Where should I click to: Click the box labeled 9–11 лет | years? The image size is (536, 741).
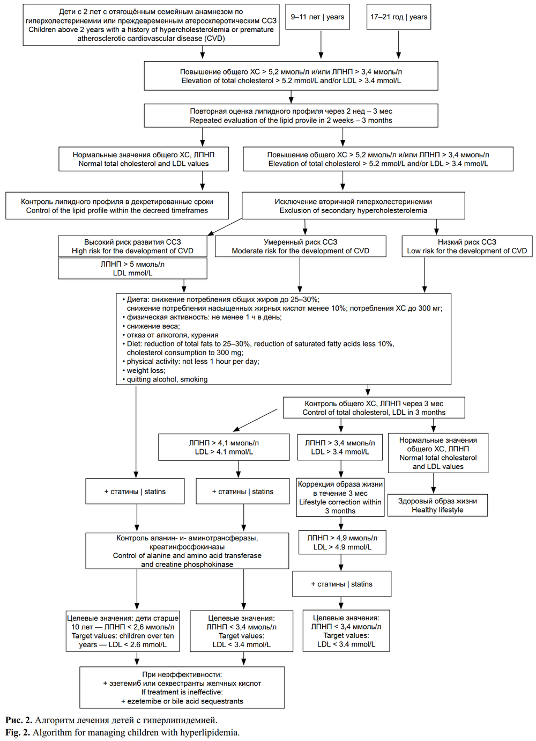(317, 17)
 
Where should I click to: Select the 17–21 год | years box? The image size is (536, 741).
(399, 17)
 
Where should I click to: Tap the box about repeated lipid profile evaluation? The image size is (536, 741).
(291, 115)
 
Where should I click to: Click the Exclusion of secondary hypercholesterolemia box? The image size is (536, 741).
(353, 206)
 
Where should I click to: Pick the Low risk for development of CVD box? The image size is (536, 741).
(467, 246)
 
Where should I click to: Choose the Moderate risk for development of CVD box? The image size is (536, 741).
(300, 246)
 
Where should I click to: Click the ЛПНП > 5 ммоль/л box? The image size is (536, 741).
(132, 268)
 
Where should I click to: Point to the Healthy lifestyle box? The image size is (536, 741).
(437, 505)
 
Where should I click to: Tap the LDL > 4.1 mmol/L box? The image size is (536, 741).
(224, 447)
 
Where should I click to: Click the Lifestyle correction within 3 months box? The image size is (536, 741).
(340, 497)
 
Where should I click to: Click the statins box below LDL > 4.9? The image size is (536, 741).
(341, 584)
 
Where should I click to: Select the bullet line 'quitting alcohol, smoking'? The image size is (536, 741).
(165, 379)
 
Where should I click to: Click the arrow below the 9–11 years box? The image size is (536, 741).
(321, 45)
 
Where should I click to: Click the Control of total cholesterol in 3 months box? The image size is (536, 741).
(374, 408)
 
